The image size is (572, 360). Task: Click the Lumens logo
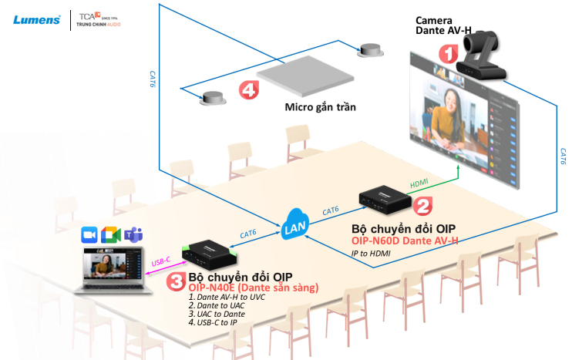[x=37, y=19]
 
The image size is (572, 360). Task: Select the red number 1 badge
[x=449, y=52]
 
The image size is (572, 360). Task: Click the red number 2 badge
[x=422, y=206]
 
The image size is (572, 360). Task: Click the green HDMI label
[x=419, y=181]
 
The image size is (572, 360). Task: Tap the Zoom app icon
[x=89, y=234]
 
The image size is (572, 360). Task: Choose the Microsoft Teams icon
[x=135, y=234]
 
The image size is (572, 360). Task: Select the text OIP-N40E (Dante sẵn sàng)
[x=254, y=288]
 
